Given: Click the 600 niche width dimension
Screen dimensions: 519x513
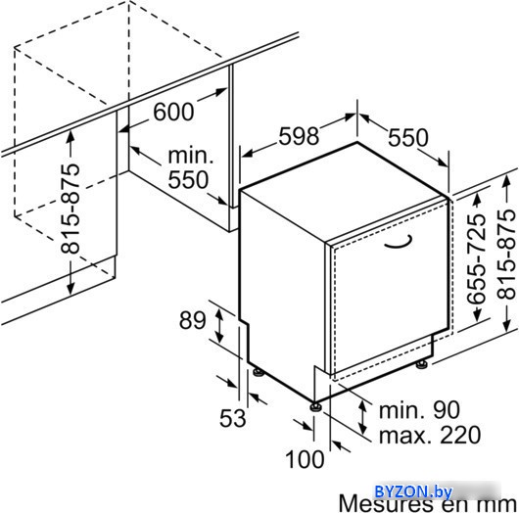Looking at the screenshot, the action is tap(173, 112).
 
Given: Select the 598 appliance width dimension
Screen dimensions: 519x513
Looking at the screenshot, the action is tap(299, 136).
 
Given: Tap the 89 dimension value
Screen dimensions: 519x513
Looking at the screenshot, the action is tap(192, 320).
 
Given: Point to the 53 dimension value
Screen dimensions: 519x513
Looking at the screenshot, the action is tap(233, 418).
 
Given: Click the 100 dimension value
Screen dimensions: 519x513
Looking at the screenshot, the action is tap(305, 460).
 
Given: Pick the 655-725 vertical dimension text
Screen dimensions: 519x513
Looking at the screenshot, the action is tap(476, 258).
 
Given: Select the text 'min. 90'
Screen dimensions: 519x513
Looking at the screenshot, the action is tap(419, 410).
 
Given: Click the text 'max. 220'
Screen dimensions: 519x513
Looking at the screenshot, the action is tap(430, 435).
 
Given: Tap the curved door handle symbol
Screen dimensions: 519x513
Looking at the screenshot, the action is tap(399, 244).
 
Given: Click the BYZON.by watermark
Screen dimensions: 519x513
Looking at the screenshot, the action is tap(413, 491).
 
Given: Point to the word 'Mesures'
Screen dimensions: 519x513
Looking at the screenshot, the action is tap(386, 504).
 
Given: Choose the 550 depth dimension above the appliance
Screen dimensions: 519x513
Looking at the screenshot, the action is tap(407, 138).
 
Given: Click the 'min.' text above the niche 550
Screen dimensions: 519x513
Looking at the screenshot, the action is tap(191, 156).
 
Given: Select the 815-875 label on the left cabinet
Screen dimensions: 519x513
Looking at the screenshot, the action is tap(71, 209).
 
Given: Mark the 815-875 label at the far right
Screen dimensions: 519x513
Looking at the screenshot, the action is tap(506, 255).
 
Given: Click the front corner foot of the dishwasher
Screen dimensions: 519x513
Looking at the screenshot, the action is tap(315, 406).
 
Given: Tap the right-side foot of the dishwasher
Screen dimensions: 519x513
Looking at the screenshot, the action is tap(421, 364).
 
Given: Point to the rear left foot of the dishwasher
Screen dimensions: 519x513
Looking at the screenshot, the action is tap(259, 372).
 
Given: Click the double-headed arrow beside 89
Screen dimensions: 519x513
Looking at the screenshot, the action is tap(219, 324).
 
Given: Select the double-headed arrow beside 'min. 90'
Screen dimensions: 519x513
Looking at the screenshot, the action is tap(363, 417).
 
